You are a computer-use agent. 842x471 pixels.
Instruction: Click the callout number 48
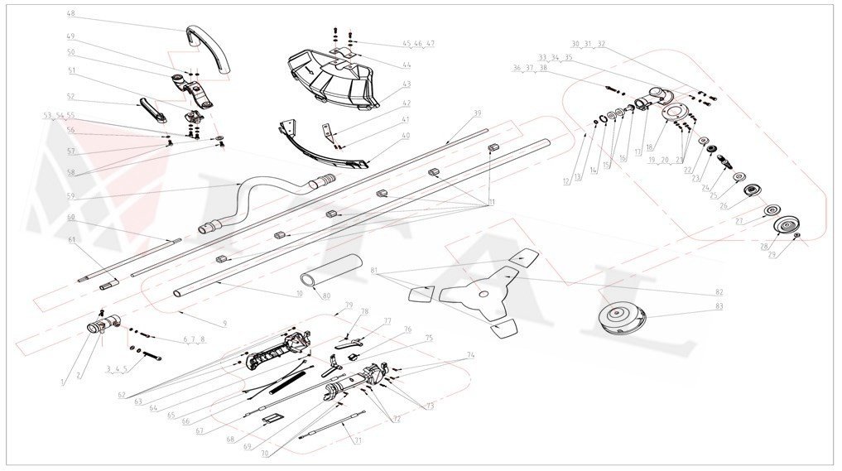[x=70, y=14]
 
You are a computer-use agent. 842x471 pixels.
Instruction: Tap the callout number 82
[x=719, y=293]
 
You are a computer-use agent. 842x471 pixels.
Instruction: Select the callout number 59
[x=70, y=196]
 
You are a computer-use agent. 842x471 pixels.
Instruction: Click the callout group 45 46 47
[x=419, y=43]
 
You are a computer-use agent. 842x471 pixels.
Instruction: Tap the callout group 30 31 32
[x=589, y=43]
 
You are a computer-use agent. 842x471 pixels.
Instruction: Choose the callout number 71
[x=358, y=440]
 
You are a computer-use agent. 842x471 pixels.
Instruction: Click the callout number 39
[x=477, y=113]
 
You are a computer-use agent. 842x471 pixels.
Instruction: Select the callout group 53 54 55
[x=59, y=116]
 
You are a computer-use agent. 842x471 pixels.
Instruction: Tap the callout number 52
[x=70, y=96]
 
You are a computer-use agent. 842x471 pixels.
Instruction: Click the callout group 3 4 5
[x=118, y=370]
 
